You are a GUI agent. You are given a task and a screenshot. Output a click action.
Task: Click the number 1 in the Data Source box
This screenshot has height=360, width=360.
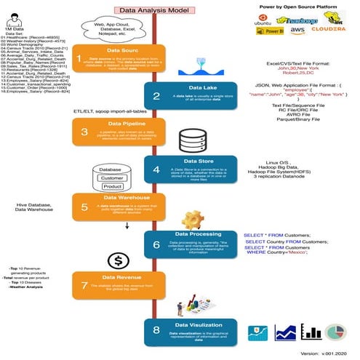point(79,58)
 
